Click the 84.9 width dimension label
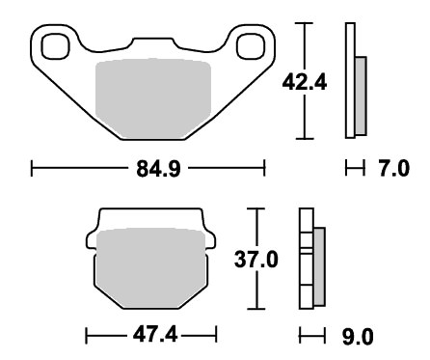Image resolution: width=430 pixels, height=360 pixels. click(158, 169)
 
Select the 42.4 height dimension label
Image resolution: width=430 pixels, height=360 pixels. click(305, 83)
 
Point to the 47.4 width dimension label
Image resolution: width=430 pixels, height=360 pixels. click(155, 336)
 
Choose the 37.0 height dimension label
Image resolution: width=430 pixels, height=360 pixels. click(256, 260)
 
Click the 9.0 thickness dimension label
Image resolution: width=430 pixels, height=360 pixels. click(358, 337)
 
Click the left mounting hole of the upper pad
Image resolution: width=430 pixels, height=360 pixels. click(56, 46)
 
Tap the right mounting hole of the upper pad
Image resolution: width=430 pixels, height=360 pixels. click(251, 46)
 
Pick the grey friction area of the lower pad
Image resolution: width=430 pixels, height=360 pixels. click(151, 268)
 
